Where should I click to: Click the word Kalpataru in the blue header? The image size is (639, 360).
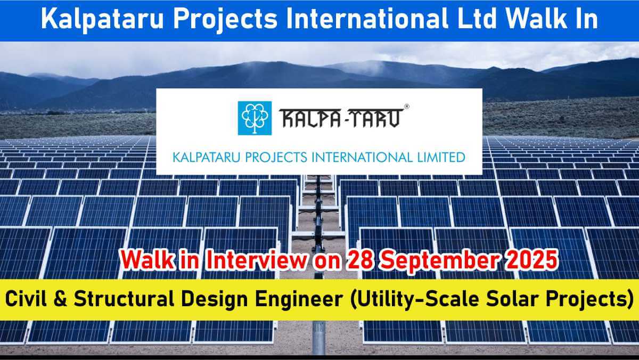click(102, 19)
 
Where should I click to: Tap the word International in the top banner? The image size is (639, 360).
click(367, 19)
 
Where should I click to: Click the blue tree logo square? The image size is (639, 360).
click(255, 118)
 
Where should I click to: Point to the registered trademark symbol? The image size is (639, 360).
click(407, 107)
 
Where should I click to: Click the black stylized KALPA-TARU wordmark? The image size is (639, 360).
click(341, 118)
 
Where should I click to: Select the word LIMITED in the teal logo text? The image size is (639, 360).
click(441, 158)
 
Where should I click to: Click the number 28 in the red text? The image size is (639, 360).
click(360, 260)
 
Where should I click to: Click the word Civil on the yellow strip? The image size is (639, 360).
click(26, 299)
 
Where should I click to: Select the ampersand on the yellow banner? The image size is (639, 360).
click(61, 299)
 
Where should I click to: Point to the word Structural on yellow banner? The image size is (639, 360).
click(124, 299)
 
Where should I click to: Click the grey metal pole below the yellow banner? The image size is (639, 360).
click(318, 338)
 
